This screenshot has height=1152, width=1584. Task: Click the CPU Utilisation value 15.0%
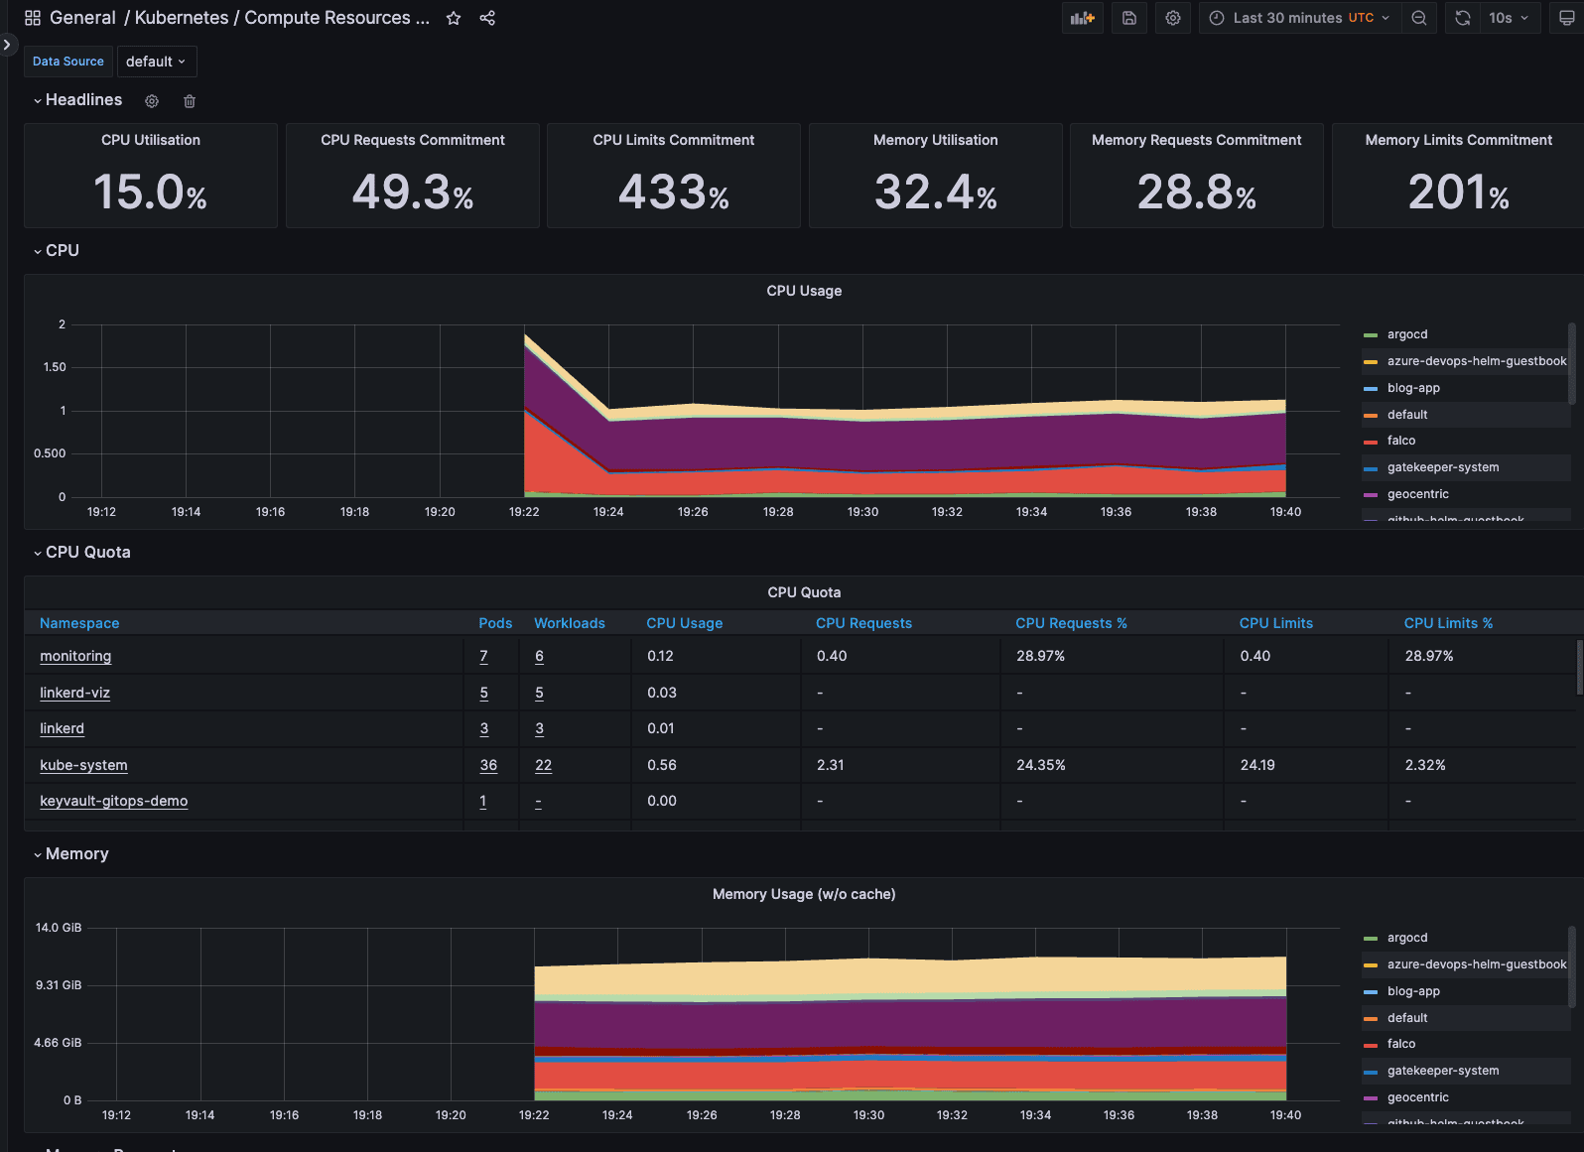150,192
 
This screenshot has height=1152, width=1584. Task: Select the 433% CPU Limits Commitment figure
673,192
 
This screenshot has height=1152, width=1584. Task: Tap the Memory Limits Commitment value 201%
1458,192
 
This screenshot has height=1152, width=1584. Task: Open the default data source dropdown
156,62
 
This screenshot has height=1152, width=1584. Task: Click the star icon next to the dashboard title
454,18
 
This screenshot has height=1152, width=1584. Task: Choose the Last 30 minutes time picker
1301,18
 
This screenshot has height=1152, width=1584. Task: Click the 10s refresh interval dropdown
1508,18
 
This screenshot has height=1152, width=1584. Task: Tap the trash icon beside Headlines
190,101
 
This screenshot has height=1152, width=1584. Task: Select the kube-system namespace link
83,765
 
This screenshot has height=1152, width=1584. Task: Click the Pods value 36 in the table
488,765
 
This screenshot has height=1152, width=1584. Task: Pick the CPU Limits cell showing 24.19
1256,765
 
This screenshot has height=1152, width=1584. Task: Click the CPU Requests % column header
1070,623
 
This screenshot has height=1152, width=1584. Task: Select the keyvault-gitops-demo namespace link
113,801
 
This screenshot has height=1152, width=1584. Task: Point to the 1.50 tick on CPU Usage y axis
55,367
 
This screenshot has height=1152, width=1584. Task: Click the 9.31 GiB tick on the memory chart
59,985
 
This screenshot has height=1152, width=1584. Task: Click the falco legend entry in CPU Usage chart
1400,441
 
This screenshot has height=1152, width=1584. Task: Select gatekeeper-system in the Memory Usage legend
1442,1071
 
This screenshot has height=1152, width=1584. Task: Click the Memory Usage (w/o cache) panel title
803,894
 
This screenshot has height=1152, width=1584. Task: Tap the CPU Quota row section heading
87,553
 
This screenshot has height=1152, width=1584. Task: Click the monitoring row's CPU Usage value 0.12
660,656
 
